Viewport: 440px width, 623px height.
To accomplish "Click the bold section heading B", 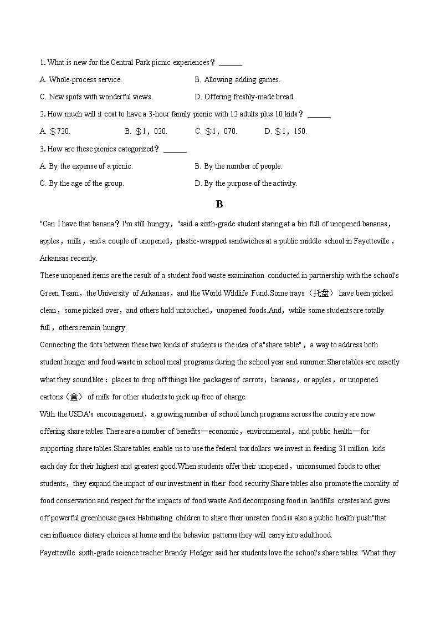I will pyautogui.click(x=219, y=204).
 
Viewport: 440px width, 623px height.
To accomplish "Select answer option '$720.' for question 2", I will pyautogui.click(x=55, y=131).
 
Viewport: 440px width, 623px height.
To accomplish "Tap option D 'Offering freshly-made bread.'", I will pyautogui.click(x=244, y=97).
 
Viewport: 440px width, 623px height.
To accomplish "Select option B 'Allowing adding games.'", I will pyautogui.click(x=237, y=80).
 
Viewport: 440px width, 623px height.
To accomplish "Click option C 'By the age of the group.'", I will pyautogui.click(x=81, y=184).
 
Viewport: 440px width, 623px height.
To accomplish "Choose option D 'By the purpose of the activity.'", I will pyautogui.click(x=246, y=184).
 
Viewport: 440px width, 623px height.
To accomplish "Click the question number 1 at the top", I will pyautogui.click(x=42, y=63).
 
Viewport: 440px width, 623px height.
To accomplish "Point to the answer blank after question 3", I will pyautogui.click(x=175, y=149).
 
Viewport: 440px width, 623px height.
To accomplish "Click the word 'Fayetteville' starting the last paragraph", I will pyautogui.click(x=58, y=553).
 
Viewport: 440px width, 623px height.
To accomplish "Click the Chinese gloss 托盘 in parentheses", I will pyautogui.click(x=321, y=293).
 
